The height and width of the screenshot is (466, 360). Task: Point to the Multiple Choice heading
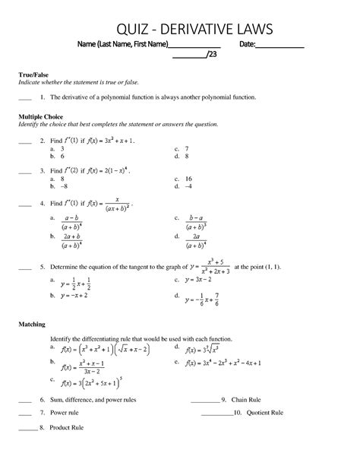click(x=43, y=116)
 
